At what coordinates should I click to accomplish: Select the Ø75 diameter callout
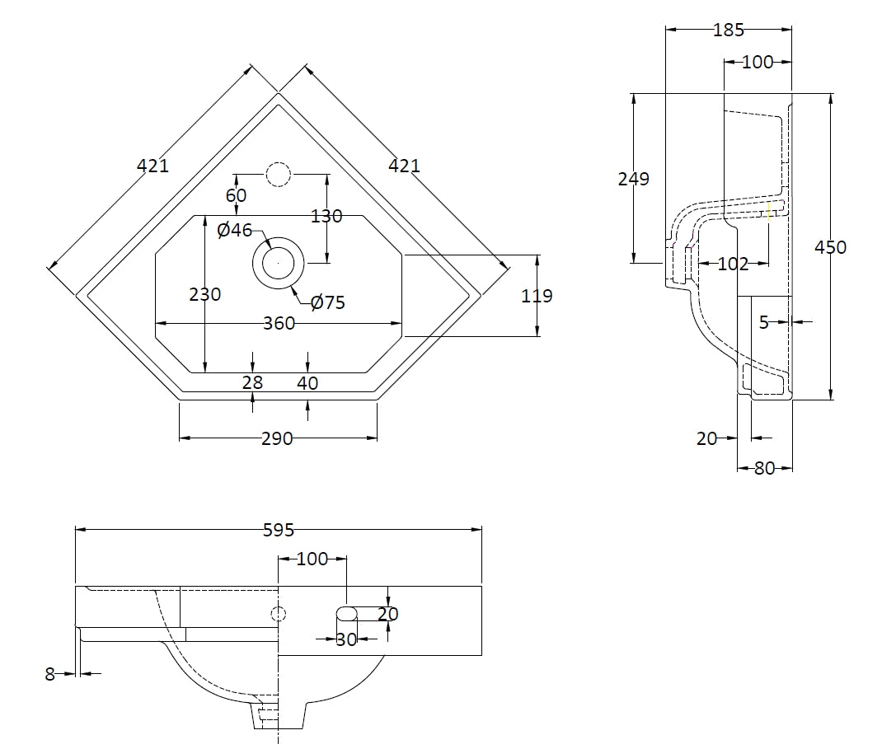point(328,303)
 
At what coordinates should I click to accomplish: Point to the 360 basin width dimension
point(279,324)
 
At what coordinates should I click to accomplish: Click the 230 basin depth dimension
point(204,294)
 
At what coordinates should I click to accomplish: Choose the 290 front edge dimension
point(277,439)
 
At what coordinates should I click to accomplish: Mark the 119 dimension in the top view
point(537,296)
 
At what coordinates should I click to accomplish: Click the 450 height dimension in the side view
point(829,247)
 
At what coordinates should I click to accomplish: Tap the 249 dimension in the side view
point(634,179)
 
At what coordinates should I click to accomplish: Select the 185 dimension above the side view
point(729,30)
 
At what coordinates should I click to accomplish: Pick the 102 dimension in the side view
point(733,264)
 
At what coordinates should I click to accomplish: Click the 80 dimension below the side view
point(764,469)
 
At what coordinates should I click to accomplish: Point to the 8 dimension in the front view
point(49,674)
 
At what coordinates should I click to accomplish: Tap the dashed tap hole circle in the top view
point(279,175)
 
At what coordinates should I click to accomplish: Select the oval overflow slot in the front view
point(347,613)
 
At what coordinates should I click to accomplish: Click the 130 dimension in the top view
point(326,217)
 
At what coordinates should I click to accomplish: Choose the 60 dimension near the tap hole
point(237,196)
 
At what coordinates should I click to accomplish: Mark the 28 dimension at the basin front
point(252,383)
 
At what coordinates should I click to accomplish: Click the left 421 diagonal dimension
point(152,166)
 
